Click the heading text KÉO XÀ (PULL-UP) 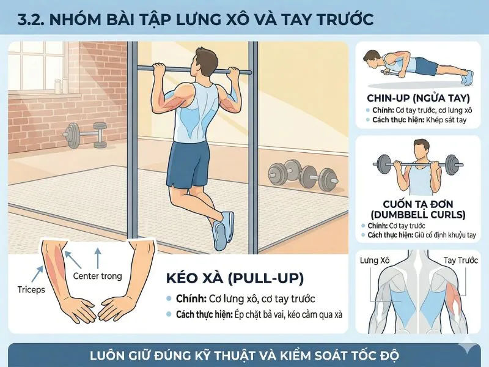(235, 279)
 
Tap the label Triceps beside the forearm (29, 289)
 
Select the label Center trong (97, 276)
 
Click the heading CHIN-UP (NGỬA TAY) (417, 98)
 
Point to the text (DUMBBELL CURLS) (417, 215)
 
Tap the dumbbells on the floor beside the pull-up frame (303, 175)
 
